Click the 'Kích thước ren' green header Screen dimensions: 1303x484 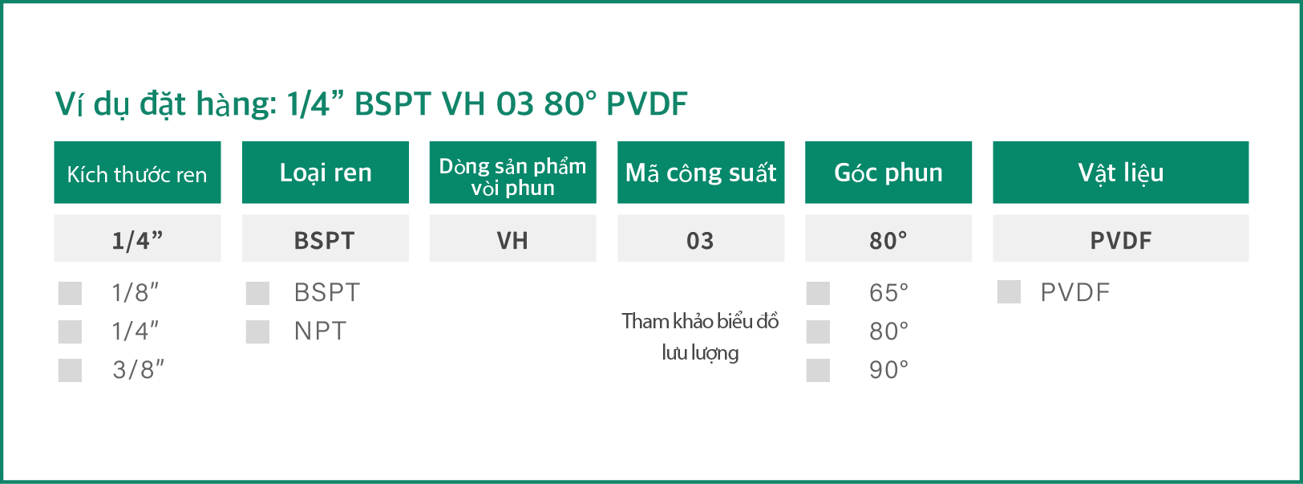(x=137, y=173)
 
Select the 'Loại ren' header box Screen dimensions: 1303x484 (x=326, y=173)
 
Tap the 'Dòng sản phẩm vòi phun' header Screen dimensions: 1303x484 (x=513, y=173)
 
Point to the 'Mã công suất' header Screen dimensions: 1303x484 (x=701, y=173)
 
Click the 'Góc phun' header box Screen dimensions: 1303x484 (x=888, y=173)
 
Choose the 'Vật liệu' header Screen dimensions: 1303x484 (x=1121, y=173)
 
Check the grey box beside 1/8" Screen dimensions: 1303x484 (x=70, y=293)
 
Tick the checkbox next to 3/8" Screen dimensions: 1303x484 (x=70, y=370)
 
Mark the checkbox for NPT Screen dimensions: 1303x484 (x=257, y=331)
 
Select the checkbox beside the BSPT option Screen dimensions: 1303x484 (x=257, y=293)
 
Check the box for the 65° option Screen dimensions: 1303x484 (x=818, y=293)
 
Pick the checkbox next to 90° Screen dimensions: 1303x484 (x=818, y=370)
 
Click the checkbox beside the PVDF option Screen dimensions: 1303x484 (x=1009, y=292)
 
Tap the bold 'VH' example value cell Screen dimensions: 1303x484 (x=513, y=238)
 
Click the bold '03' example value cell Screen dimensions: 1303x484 (x=701, y=238)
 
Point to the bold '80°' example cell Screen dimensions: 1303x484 (x=888, y=238)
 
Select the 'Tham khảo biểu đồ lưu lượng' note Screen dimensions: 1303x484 (x=700, y=337)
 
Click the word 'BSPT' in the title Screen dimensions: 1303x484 (x=393, y=104)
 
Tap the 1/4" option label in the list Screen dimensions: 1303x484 (x=135, y=331)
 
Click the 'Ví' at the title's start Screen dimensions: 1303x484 (x=70, y=104)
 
